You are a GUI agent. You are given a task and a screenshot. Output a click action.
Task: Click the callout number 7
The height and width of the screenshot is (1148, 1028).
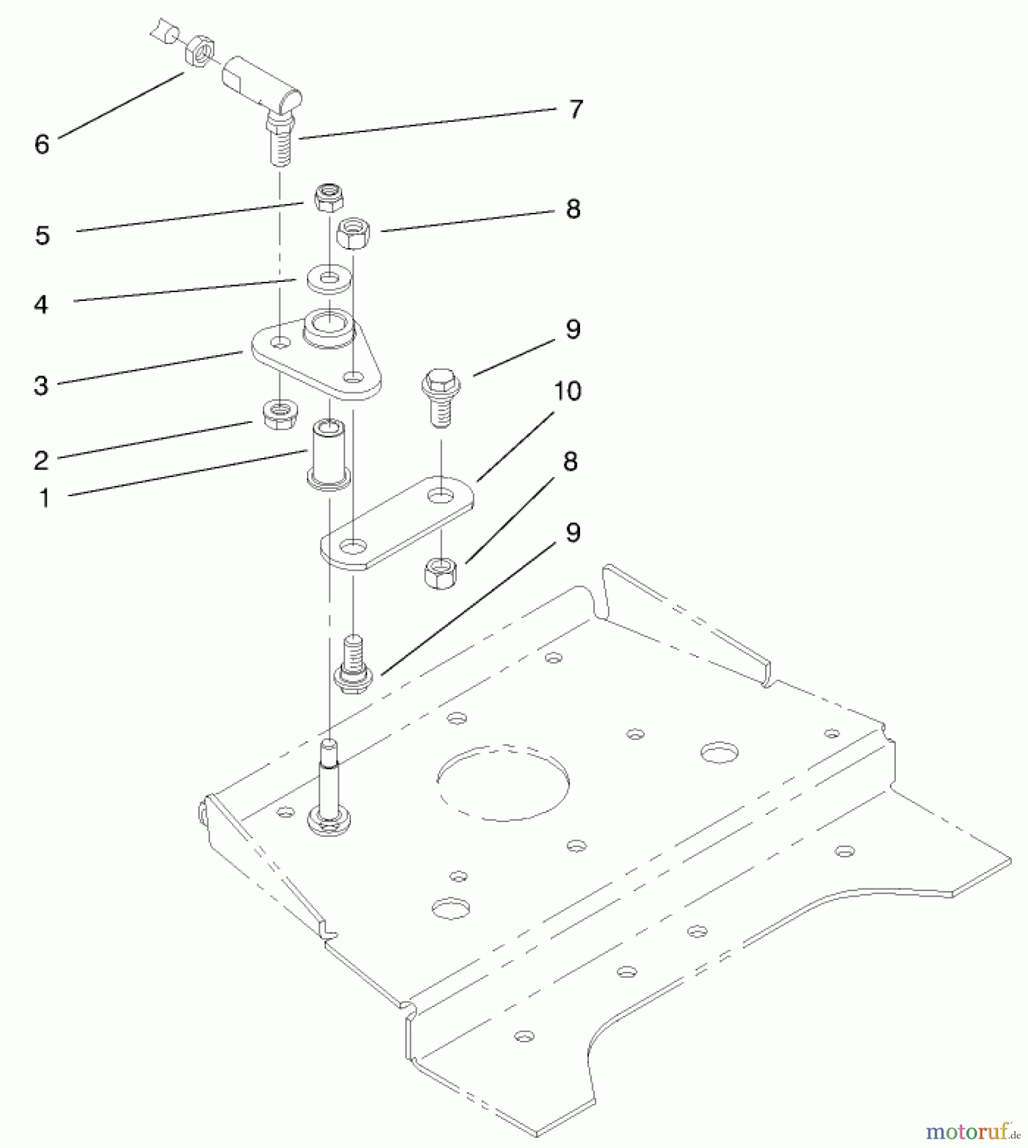point(576,110)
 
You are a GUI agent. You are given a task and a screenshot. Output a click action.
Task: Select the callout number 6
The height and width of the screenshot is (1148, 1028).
point(41,144)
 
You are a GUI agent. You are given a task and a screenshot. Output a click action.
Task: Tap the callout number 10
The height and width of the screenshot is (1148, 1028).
point(567,391)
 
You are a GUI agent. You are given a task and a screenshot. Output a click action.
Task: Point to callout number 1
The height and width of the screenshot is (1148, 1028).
point(45,498)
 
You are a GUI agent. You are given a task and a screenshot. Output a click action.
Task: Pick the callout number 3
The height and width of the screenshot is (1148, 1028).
point(41,385)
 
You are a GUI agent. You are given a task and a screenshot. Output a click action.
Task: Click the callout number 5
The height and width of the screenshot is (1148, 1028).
point(42,235)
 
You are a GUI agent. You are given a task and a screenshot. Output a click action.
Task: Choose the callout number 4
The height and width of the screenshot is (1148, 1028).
point(41,305)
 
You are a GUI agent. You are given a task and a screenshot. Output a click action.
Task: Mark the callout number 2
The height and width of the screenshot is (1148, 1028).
point(41,460)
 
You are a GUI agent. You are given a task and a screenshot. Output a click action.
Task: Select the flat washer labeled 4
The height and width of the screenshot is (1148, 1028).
point(329,280)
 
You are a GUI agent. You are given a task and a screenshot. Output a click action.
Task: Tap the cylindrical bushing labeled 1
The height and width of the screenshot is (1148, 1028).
point(329,454)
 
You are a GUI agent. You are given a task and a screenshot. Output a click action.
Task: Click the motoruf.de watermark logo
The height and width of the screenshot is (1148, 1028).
point(972,1131)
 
